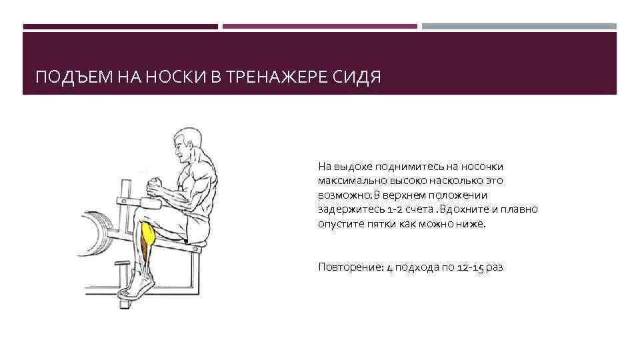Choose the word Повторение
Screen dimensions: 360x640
click(x=347, y=267)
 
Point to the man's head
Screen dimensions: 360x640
click(x=189, y=143)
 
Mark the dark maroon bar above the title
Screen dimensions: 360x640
click(x=120, y=27)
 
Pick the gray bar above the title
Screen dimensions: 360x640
click(x=519, y=27)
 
